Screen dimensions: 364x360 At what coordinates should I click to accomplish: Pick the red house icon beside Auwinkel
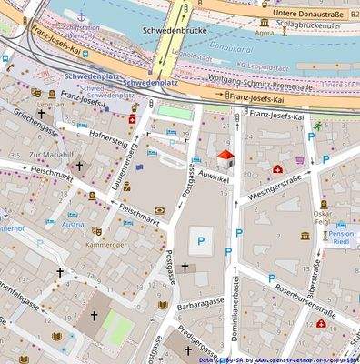click(x=224, y=157)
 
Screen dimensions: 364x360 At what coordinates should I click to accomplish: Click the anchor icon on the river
click(x=81, y=16)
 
